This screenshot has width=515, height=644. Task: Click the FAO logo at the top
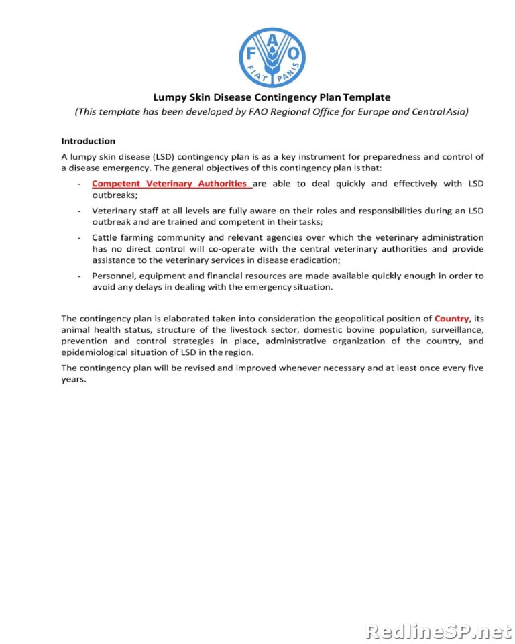click(272, 57)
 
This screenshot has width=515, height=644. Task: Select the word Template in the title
click(367, 97)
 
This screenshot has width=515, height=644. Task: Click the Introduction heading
click(88, 141)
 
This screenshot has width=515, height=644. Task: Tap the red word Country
click(452, 318)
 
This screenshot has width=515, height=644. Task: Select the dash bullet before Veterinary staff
click(80, 211)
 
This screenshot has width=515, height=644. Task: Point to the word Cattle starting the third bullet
click(105, 237)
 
